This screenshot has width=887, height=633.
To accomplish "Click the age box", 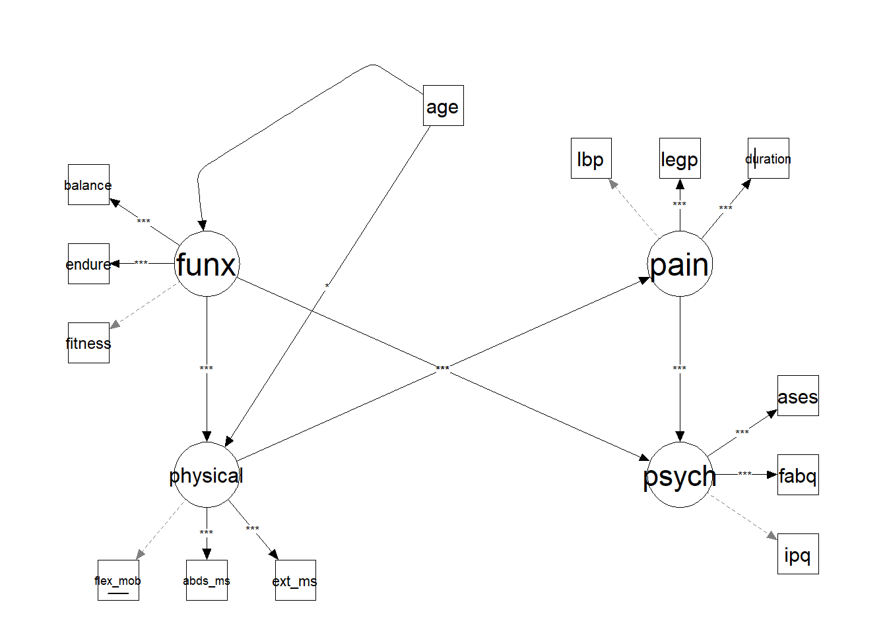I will point(443,105).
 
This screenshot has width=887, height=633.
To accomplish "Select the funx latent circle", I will point(207,264).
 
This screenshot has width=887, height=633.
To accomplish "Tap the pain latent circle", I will point(679,264).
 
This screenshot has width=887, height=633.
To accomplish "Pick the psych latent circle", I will point(679,475).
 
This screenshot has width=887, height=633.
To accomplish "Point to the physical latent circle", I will point(207,475).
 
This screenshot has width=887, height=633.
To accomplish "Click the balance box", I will point(88,185).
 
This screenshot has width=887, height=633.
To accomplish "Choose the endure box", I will point(88,264).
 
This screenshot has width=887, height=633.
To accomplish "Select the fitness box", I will point(88,343).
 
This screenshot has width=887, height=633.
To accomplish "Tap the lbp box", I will point(591,158).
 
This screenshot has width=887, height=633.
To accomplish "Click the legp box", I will point(679,158).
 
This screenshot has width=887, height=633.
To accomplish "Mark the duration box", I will point(768,158).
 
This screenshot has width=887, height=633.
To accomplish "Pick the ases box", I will point(797,396).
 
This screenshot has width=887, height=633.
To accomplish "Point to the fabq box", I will point(797,475).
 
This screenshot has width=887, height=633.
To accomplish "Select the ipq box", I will point(797,554).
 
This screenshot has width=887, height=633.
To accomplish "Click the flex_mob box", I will point(118,580).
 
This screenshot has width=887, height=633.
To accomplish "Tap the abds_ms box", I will point(207,580).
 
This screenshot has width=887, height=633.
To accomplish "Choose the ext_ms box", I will point(295,580).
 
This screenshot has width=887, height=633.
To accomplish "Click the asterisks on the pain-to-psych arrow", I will point(679,369).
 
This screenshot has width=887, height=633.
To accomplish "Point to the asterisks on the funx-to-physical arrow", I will point(207,369).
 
